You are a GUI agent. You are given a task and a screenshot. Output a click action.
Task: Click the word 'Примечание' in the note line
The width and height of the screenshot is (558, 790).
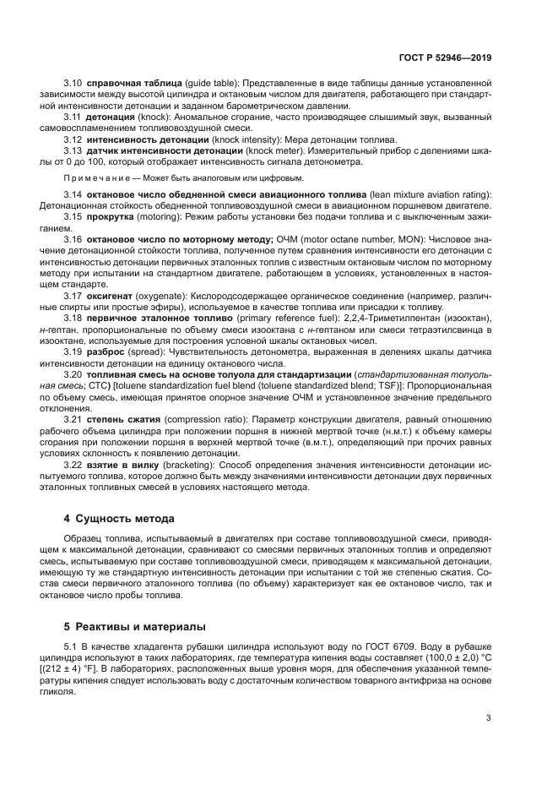click(x=92, y=178)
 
